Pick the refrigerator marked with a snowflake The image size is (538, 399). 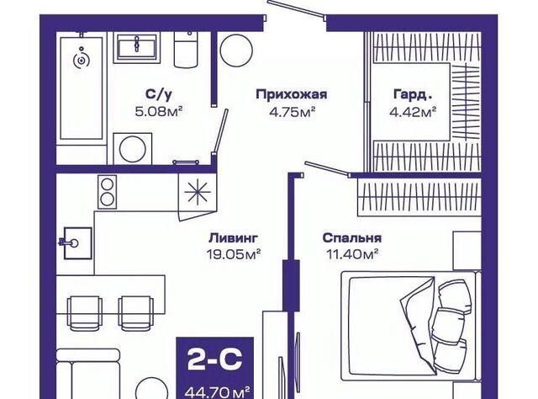(198, 195)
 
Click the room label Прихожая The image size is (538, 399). (290, 94)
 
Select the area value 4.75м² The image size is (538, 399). (290, 111)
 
